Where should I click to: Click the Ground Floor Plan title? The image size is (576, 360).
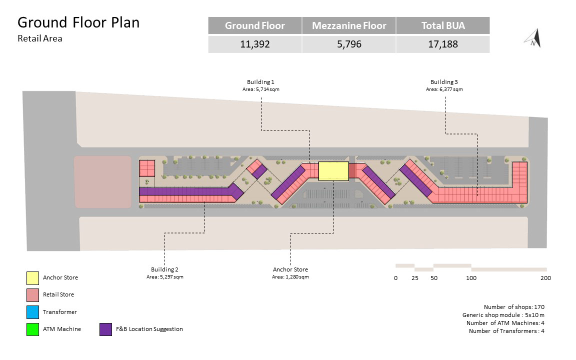78,22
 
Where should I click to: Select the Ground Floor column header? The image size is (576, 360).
254,25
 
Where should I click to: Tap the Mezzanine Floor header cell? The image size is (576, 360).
349,25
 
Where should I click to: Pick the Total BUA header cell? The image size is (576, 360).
442,25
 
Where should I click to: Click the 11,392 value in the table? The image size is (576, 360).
254,44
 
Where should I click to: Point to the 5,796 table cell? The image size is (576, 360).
349,44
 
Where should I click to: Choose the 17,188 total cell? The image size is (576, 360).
442,44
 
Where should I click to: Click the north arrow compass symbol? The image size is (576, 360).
533,39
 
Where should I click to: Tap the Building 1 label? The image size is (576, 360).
260,82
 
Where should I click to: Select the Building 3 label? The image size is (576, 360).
444,82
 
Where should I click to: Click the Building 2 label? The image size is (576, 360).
164,270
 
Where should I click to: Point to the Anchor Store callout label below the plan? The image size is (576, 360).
290,270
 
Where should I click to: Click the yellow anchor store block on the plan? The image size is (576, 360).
333,171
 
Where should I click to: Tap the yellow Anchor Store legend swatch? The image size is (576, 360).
32,277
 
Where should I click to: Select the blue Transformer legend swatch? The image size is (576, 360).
32,312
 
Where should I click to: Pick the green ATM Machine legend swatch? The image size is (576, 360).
32,329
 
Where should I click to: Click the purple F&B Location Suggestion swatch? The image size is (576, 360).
105,329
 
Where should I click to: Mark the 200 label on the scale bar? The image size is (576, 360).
545,278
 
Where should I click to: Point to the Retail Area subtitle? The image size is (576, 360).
40,38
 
